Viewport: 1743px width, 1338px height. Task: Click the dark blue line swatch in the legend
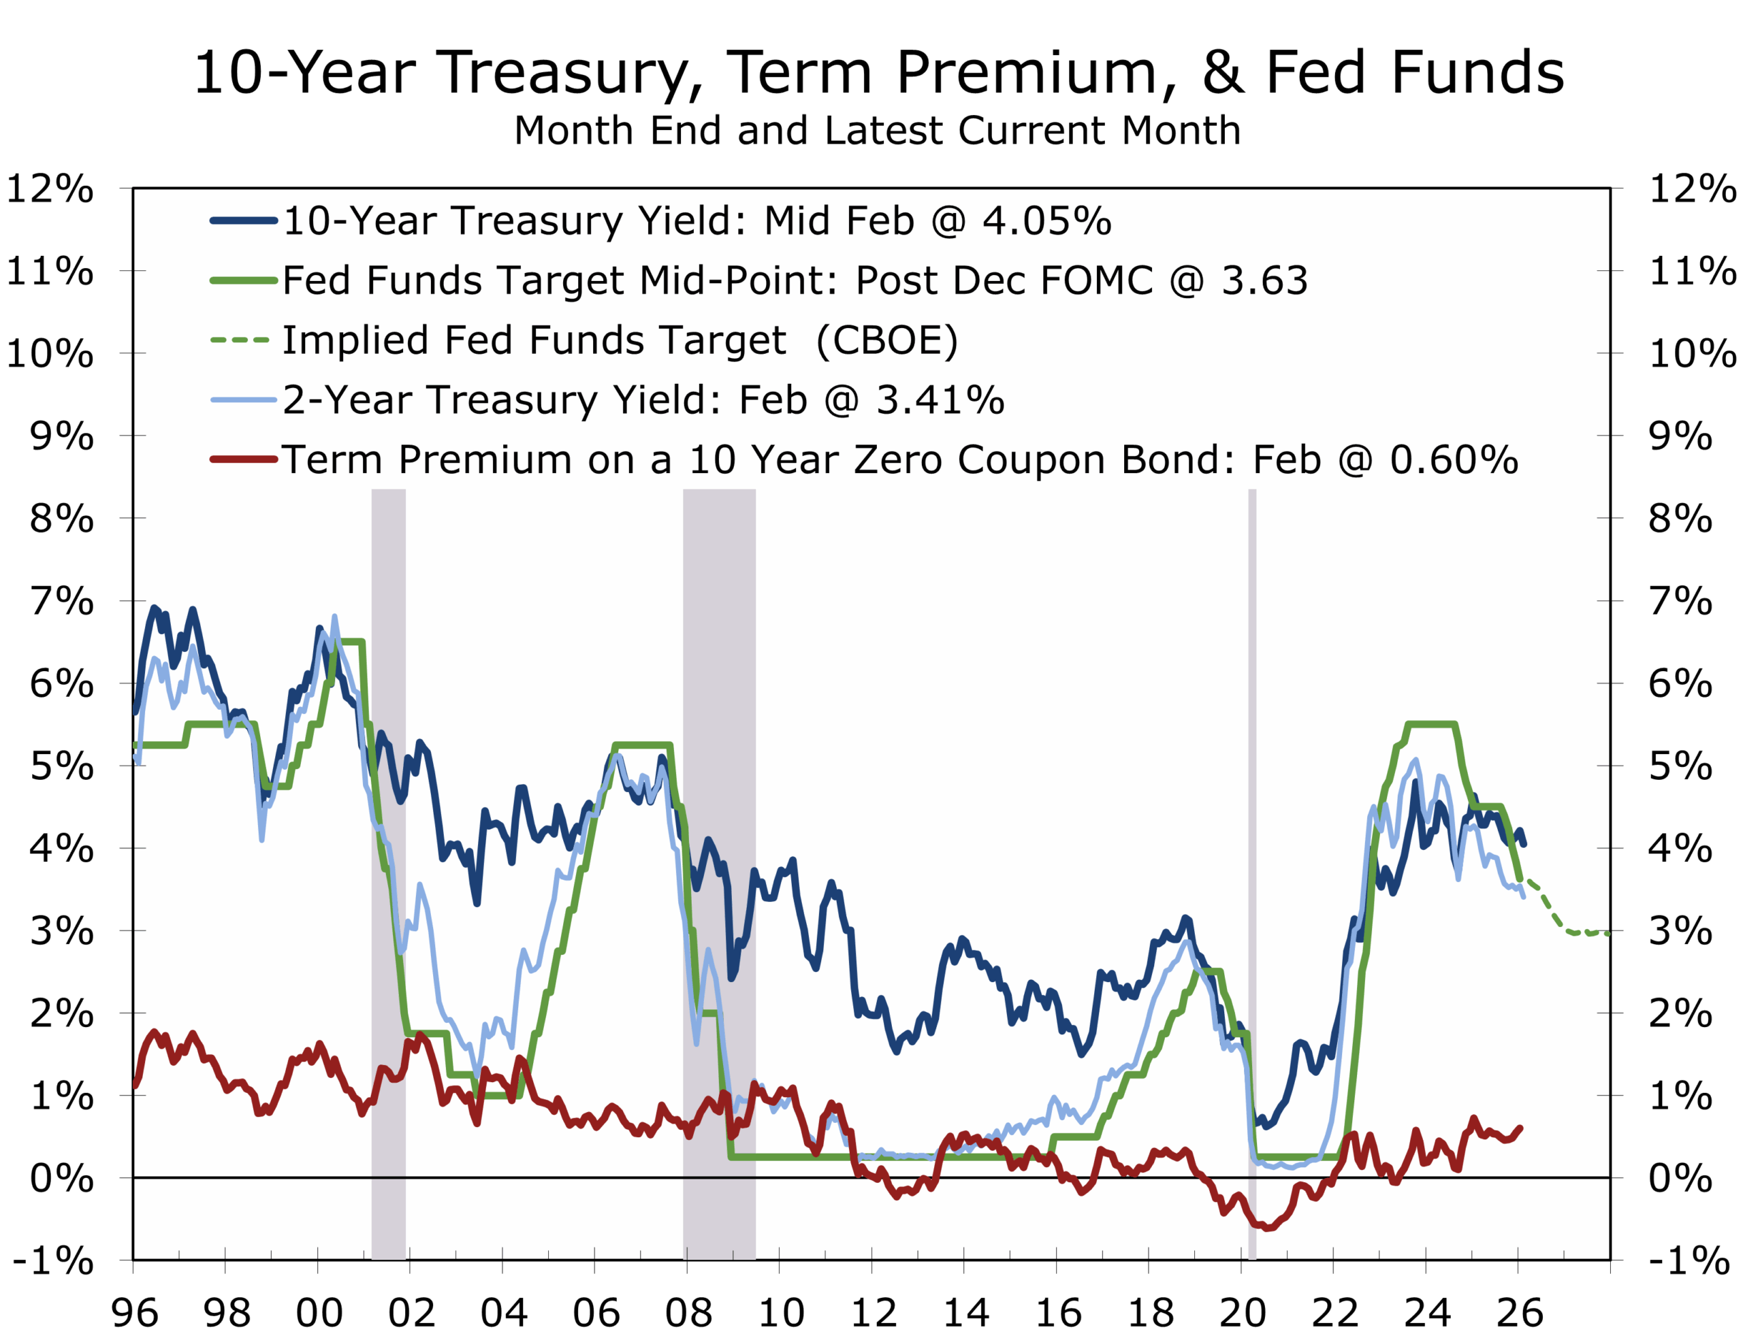(243, 221)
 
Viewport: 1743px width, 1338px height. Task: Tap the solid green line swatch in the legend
(243, 280)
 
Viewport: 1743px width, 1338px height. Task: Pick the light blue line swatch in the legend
(243, 399)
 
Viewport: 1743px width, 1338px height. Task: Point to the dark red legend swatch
(243, 459)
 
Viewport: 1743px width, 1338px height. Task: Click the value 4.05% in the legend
(1046, 221)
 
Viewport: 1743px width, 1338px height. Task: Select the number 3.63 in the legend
(1264, 280)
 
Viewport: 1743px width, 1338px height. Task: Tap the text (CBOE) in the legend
(887, 340)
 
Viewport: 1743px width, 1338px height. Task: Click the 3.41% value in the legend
(940, 399)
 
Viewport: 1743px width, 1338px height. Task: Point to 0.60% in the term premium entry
(1454, 459)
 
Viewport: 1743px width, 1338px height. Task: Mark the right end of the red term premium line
(1521, 1128)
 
